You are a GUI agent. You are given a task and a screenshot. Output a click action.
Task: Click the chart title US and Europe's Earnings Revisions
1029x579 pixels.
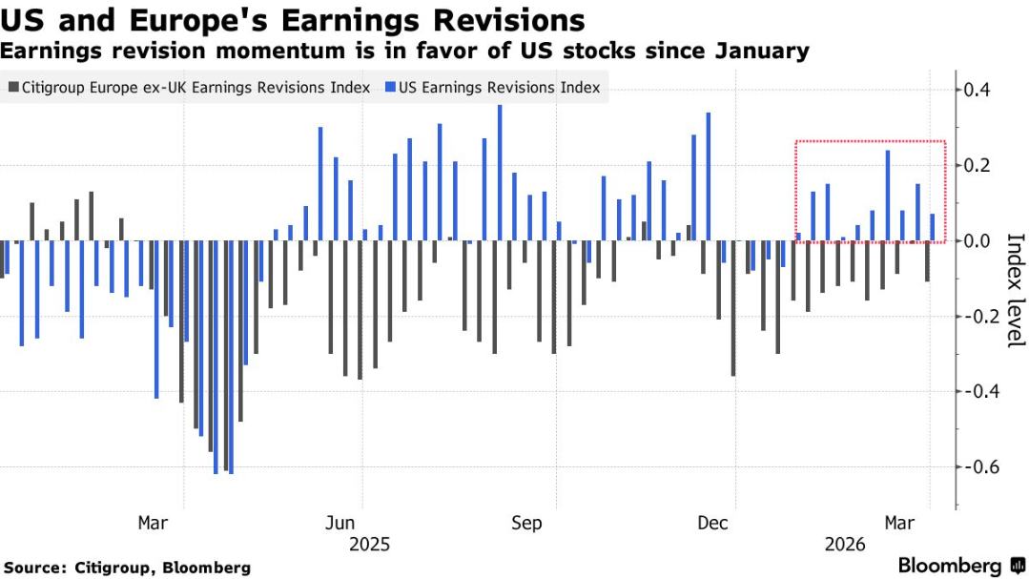click(x=293, y=20)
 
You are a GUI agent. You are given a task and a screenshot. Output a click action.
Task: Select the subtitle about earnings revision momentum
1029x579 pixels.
click(x=405, y=52)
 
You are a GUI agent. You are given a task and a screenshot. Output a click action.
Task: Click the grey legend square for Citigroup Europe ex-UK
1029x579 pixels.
click(x=13, y=88)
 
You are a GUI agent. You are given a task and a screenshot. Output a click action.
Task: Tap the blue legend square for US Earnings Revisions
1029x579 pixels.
click(x=391, y=88)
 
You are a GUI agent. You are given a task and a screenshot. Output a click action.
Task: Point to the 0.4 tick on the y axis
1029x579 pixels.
click(x=979, y=90)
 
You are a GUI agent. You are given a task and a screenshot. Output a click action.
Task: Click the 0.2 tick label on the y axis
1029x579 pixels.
click(x=979, y=165)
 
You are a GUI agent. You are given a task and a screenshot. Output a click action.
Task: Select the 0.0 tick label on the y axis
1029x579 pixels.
click(x=979, y=240)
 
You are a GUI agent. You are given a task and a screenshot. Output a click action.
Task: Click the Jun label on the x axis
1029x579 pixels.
click(x=340, y=523)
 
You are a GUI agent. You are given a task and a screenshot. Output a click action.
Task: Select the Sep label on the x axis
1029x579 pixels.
click(x=526, y=523)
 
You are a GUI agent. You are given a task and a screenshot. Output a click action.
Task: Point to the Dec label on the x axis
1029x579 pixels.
click(x=712, y=523)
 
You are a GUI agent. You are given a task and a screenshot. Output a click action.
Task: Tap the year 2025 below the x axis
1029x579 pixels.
click(x=369, y=545)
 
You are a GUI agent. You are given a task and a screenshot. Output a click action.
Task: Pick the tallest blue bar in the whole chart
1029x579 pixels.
click(x=500, y=173)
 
